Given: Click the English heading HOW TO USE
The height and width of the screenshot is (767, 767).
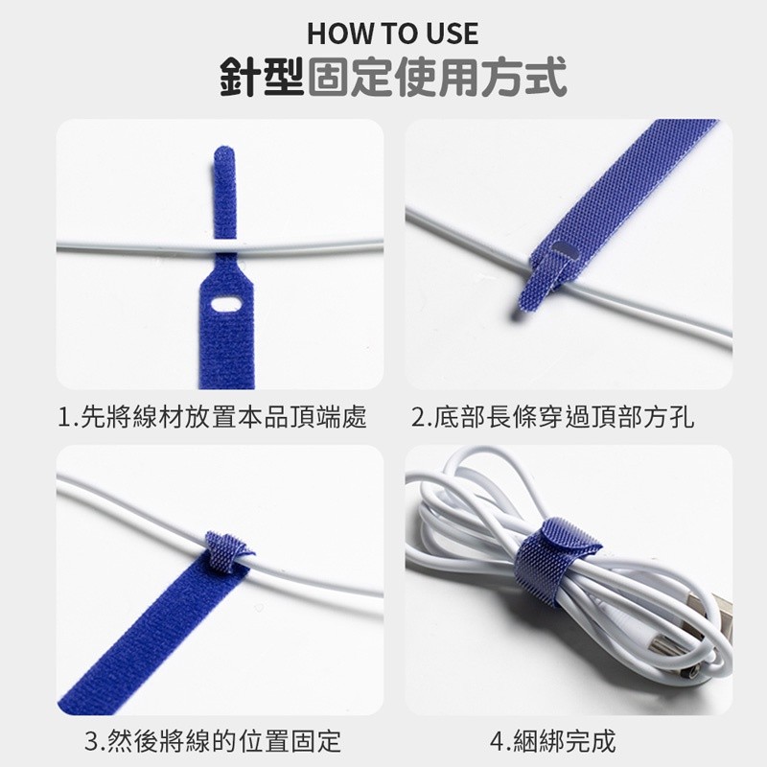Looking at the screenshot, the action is click(392, 34).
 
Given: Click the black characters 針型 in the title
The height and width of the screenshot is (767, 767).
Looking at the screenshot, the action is click(263, 77).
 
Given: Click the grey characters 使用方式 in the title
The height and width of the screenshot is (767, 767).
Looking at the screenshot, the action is click(481, 77).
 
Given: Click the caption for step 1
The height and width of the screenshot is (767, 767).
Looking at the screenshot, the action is click(212, 417).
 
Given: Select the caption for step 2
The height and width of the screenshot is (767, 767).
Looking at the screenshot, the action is click(553, 417).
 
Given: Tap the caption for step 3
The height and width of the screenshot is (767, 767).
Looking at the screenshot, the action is click(213, 741).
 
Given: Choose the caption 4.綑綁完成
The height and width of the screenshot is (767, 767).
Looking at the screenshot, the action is click(553, 741).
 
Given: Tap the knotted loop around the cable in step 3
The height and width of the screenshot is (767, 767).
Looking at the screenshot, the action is click(227, 553).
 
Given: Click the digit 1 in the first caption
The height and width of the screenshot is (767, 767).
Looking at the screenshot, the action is click(63, 418).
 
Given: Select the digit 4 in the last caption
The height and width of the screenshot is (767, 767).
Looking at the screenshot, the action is click(497, 741).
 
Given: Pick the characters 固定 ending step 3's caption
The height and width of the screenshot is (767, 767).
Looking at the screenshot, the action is click(316, 741).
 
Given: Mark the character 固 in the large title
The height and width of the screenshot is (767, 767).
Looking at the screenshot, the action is click(330, 77).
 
